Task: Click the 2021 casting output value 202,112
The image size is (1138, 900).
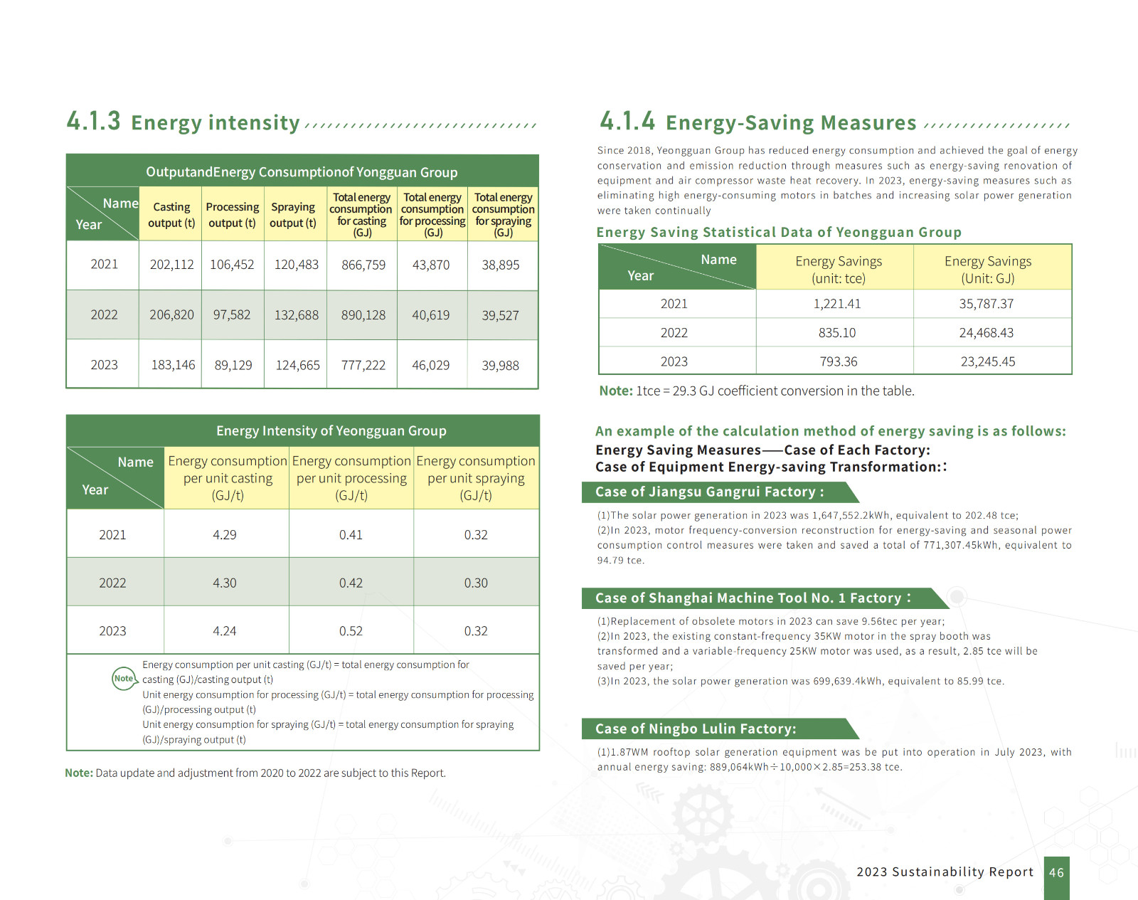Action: tap(171, 265)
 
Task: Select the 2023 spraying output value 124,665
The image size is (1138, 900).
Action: tap(297, 365)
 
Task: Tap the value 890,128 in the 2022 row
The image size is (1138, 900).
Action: tap(363, 315)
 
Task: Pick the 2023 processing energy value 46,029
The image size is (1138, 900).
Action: tap(430, 365)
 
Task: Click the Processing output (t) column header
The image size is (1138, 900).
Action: tap(232, 214)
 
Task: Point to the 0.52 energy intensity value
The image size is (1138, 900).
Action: tap(351, 631)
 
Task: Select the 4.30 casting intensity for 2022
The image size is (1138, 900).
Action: tap(225, 583)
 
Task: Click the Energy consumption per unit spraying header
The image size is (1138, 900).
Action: tap(476, 478)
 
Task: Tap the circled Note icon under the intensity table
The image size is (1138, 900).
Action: tap(124, 679)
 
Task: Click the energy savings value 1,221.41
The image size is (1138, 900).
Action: tap(837, 304)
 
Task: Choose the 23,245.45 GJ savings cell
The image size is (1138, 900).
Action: tap(988, 361)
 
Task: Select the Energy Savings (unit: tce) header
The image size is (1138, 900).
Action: tap(838, 270)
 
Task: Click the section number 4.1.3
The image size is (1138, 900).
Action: tap(93, 121)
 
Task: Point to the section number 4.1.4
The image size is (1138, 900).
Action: tap(627, 121)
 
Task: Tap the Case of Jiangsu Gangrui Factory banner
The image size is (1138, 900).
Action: tap(710, 492)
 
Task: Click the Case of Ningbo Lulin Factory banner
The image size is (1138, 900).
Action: tap(696, 729)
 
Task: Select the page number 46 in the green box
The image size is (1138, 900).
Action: tap(1056, 872)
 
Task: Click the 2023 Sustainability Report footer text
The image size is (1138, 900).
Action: tap(945, 872)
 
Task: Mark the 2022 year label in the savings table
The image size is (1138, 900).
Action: tap(674, 333)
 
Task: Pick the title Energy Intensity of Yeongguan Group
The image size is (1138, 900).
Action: tap(331, 431)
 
